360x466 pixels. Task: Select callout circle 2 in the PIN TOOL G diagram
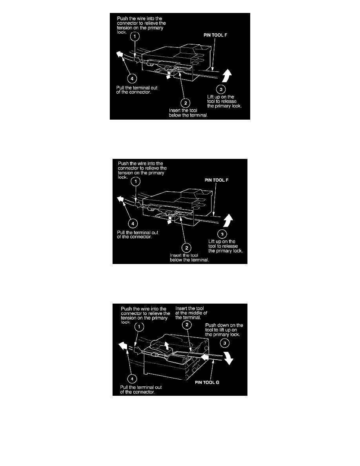(187, 325)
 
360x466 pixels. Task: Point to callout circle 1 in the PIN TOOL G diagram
(138, 326)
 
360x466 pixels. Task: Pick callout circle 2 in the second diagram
(187, 248)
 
